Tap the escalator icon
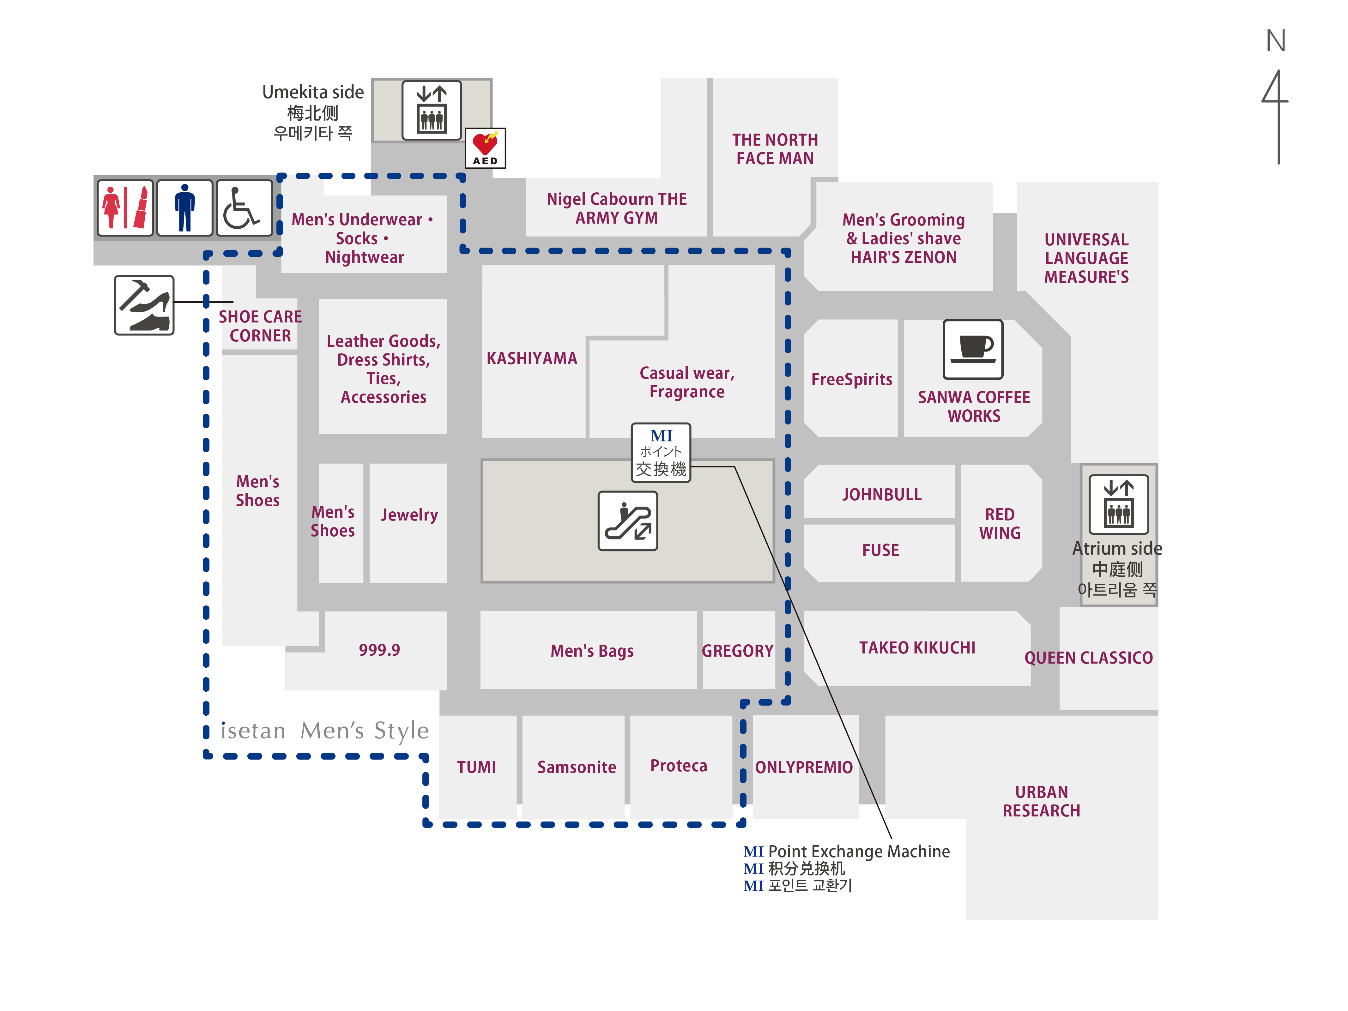pos(628,521)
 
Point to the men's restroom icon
pos(184,208)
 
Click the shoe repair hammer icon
pos(144,305)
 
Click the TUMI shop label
pos(476,767)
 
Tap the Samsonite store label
pos(577,767)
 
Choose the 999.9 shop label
pos(379,650)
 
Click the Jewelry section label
pos(409,515)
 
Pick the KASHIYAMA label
pos(531,358)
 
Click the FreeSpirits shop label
pos(851,379)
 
